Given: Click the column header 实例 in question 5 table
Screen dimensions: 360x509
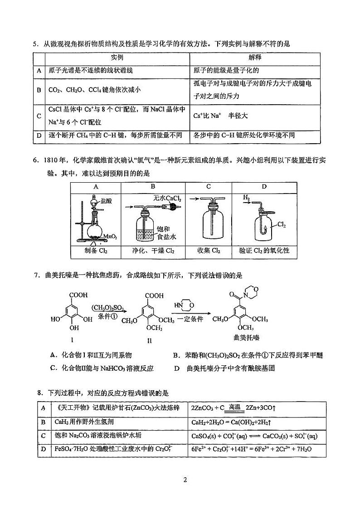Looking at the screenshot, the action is click(x=117, y=58).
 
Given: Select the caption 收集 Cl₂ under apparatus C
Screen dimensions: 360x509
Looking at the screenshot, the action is click(x=209, y=251).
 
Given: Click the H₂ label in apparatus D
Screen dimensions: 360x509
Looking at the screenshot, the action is click(x=246, y=198).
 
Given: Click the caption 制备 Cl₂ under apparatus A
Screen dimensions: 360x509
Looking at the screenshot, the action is click(x=96, y=251).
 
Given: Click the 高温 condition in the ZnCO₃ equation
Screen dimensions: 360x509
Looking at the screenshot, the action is click(x=234, y=407).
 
